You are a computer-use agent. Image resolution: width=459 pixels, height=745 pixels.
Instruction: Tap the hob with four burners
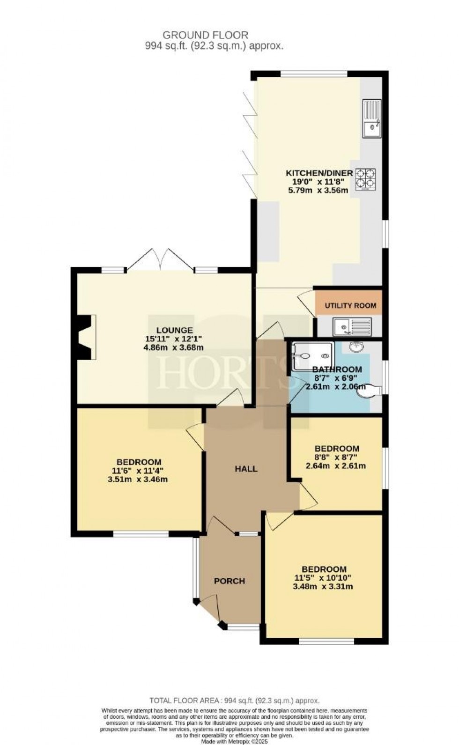pos(365,179)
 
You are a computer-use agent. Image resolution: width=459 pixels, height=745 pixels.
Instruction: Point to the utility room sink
pos(352,326)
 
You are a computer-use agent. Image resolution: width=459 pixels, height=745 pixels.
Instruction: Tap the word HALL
pos(246,469)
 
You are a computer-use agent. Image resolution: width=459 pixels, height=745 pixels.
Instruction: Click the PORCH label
pos(229,581)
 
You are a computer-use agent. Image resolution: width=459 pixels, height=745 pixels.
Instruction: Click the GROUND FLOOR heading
pos(205,35)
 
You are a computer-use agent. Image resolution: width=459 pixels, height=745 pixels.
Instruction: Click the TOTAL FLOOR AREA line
pos(234,714)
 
